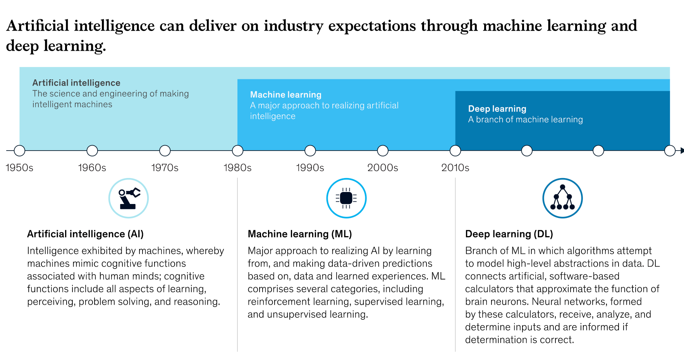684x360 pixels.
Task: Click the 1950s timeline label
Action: (x=19, y=168)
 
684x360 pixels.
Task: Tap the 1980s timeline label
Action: (x=237, y=168)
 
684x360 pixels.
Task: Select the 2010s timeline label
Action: (x=455, y=168)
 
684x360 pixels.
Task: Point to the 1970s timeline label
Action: (x=165, y=168)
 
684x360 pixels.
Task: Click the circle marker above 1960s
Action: (x=92, y=151)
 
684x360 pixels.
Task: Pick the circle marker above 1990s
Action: (x=310, y=151)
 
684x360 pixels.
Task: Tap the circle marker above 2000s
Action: (x=383, y=151)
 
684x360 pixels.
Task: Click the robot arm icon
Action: (x=129, y=198)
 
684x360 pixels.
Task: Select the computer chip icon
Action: (x=346, y=198)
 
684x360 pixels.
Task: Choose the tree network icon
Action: (x=562, y=198)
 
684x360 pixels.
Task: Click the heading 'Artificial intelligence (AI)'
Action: (x=85, y=234)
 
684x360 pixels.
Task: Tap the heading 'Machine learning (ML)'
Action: (x=300, y=234)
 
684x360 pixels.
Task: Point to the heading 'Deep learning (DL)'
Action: (x=509, y=234)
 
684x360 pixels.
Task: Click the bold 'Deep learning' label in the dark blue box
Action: (x=497, y=109)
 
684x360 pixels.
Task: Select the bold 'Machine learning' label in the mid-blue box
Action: (x=286, y=94)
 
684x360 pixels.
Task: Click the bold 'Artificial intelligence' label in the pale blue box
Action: (x=76, y=83)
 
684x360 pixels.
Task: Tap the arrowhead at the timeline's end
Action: (x=682, y=151)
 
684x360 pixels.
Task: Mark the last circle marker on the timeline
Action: (x=670, y=151)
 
